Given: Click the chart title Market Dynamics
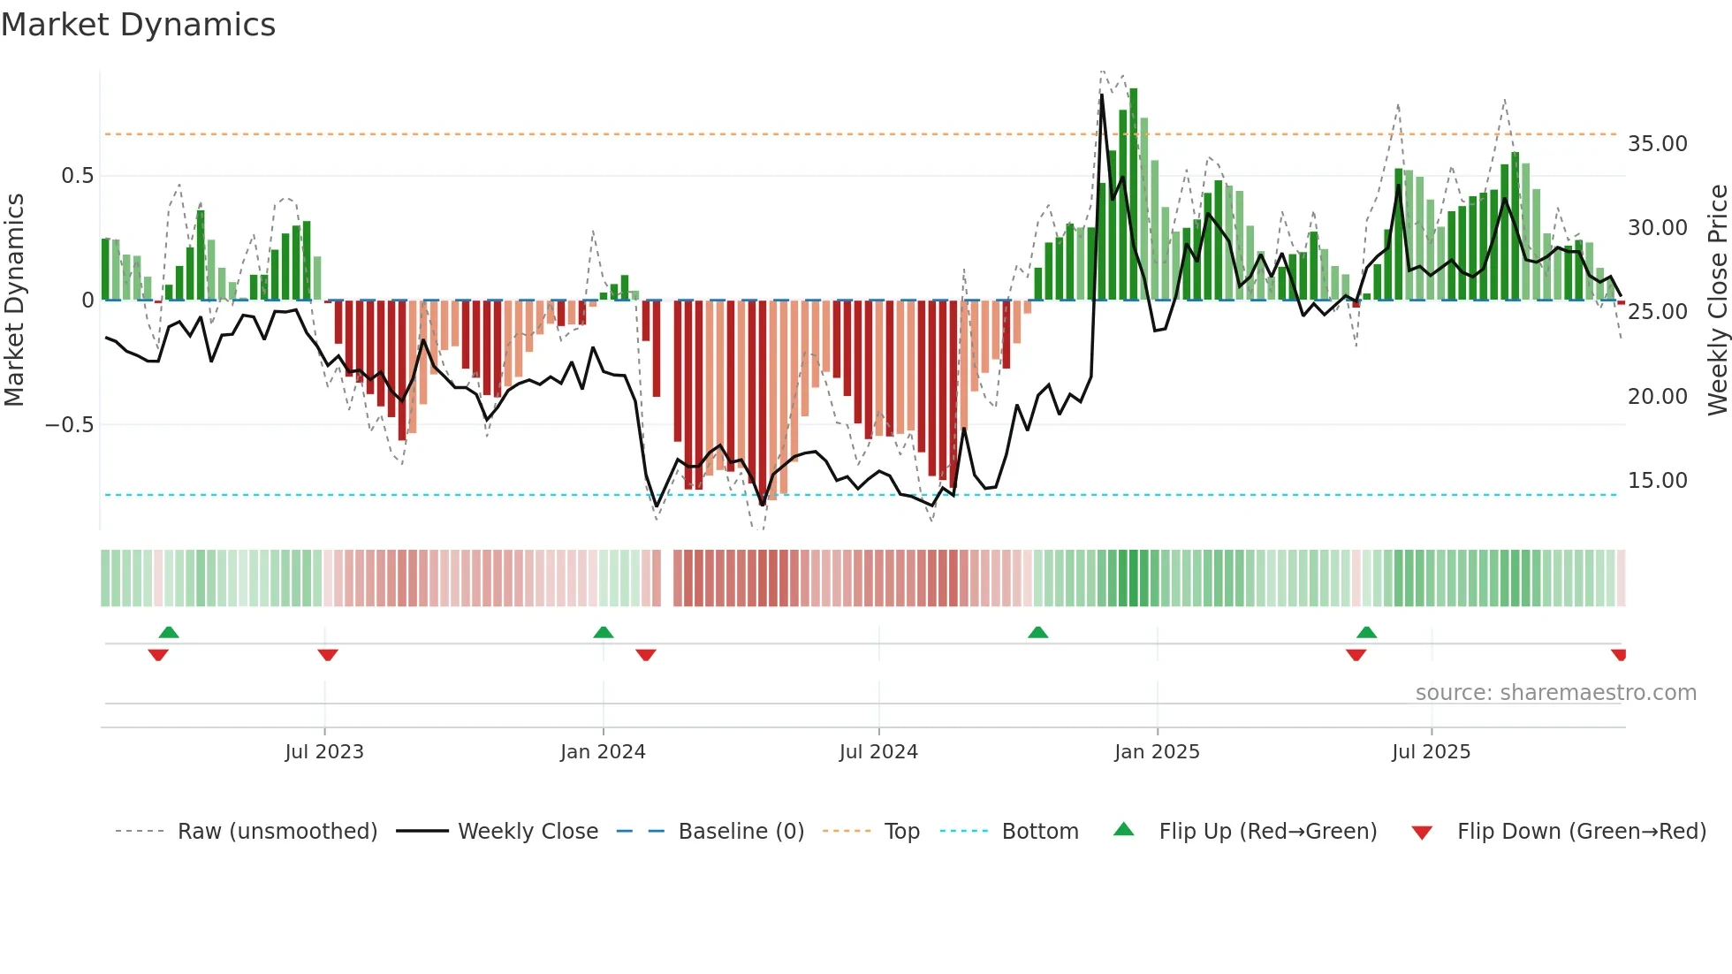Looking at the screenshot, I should (138, 25).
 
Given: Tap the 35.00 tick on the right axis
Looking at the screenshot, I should (1657, 144).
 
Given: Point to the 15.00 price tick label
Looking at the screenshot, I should (1657, 481).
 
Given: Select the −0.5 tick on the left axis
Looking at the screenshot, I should (69, 425).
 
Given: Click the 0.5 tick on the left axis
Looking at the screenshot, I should (77, 176).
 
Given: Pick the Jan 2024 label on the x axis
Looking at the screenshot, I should (603, 752).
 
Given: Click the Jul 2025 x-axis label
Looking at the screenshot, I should (1431, 752).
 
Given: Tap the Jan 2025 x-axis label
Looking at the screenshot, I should (1157, 752).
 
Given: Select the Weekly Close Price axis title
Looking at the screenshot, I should (1717, 301).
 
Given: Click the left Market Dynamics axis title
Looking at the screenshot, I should (14, 301).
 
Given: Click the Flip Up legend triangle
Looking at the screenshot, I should (1123, 829).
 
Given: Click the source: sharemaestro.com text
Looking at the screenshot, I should (1555, 693).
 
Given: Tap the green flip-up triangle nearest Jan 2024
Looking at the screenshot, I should (604, 632).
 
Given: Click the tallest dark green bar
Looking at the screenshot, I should (1133, 194).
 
